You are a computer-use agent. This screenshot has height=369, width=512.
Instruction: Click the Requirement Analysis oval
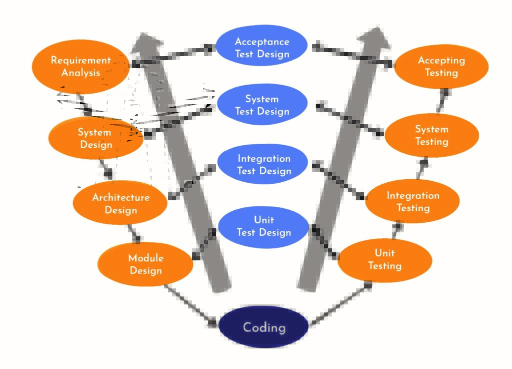click(x=80, y=67)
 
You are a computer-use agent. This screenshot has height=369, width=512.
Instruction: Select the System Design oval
click(x=95, y=139)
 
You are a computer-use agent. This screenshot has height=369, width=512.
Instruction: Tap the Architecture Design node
click(x=120, y=203)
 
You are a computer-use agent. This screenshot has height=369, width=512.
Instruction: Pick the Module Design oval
click(x=145, y=264)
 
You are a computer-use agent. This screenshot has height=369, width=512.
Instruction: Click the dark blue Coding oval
click(x=263, y=327)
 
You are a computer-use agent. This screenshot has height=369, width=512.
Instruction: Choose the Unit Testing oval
click(x=384, y=260)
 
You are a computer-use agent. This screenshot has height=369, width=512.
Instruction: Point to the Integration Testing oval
click(x=412, y=201)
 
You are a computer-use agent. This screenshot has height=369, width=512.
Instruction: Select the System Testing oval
click(x=431, y=135)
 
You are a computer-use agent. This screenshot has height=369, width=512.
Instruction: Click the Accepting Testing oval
click(x=441, y=67)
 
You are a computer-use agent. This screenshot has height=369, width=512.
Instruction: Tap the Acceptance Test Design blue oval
click(x=262, y=48)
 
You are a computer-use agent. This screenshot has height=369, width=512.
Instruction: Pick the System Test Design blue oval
click(x=262, y=105)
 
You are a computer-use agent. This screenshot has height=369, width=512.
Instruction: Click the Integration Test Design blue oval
click(x=263, y=165)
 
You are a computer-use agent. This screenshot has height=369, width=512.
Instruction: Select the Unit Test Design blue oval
click(x=263, y=226)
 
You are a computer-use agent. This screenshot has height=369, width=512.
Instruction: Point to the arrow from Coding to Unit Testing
click(x=340, y=304)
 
